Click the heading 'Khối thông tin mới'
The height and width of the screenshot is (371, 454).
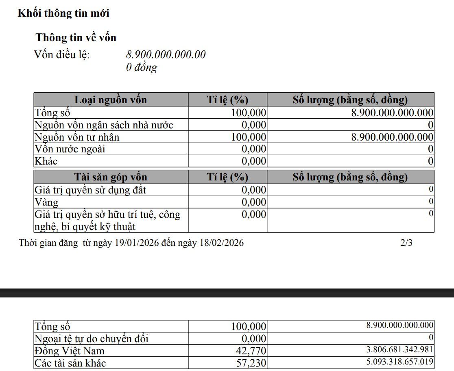63,13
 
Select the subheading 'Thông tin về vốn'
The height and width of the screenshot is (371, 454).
76,38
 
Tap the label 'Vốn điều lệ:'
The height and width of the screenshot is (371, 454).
62,54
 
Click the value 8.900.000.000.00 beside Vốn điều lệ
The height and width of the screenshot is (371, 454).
166,54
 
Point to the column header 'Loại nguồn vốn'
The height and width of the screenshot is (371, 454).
111,100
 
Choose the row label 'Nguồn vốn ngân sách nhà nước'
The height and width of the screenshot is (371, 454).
104,125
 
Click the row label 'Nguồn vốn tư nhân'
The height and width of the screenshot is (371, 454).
77,137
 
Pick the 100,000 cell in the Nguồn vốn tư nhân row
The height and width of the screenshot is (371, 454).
249,137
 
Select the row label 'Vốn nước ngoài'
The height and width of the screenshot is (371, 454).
70,149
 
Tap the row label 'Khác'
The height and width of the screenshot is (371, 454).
46,161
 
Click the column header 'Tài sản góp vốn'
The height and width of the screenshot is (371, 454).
111,177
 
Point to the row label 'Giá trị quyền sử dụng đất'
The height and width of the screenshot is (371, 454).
91,190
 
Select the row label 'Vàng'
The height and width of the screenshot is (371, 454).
47,202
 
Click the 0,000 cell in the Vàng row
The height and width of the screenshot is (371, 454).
254,202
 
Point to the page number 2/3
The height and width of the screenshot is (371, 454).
406,243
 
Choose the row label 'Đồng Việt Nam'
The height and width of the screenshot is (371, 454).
70,351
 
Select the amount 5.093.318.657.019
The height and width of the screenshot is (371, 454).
400,361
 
